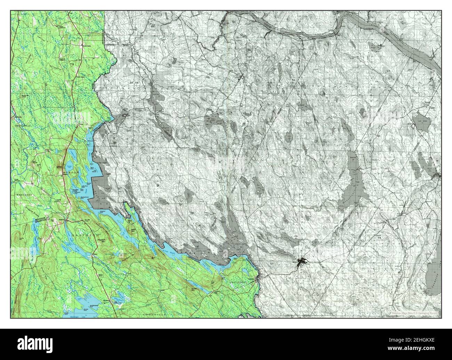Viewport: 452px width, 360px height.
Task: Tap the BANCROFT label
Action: point(24,196)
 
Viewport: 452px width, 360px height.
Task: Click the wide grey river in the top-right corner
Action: point(400,38)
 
